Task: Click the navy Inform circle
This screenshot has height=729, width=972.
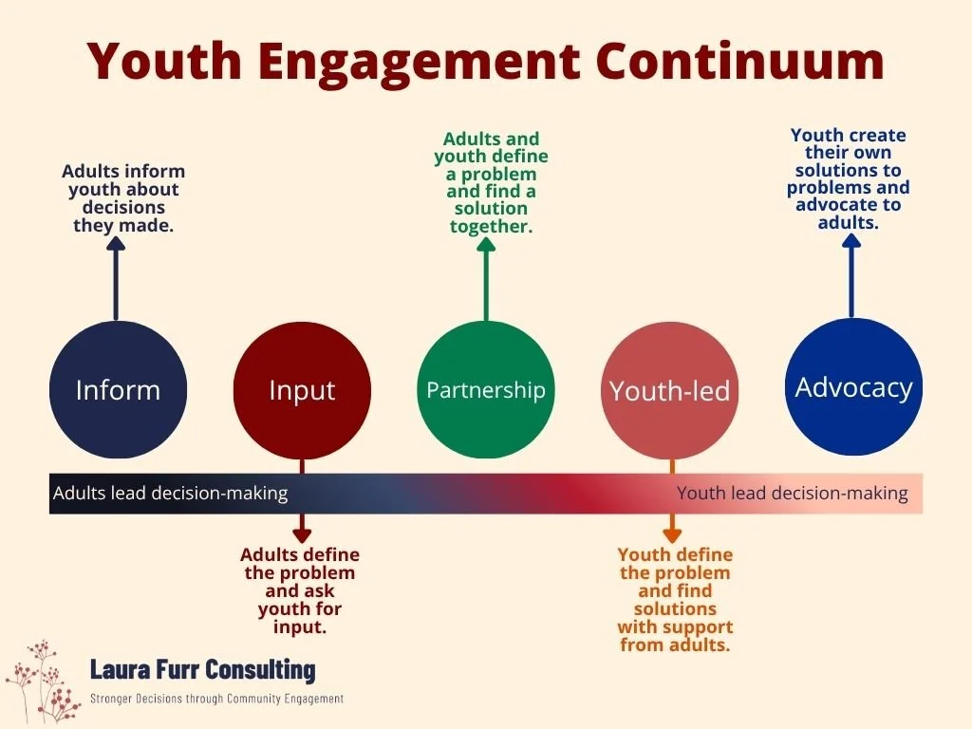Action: pos(117,390)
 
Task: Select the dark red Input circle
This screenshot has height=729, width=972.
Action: pos(302,390)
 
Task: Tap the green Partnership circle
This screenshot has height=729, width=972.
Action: pos(486,390)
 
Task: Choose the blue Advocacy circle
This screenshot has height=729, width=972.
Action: pos(853,386)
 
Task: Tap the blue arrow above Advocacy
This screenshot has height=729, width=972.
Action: pos(851,274)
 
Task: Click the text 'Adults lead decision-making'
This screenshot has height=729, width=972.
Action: pos(170,494)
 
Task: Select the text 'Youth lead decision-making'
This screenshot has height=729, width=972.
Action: pos(792,494)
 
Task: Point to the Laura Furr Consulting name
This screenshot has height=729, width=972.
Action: pos(202,669)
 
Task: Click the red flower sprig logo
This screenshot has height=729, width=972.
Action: pos(43,682)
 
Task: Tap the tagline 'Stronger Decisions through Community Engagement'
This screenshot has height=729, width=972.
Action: pos(216,699)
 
